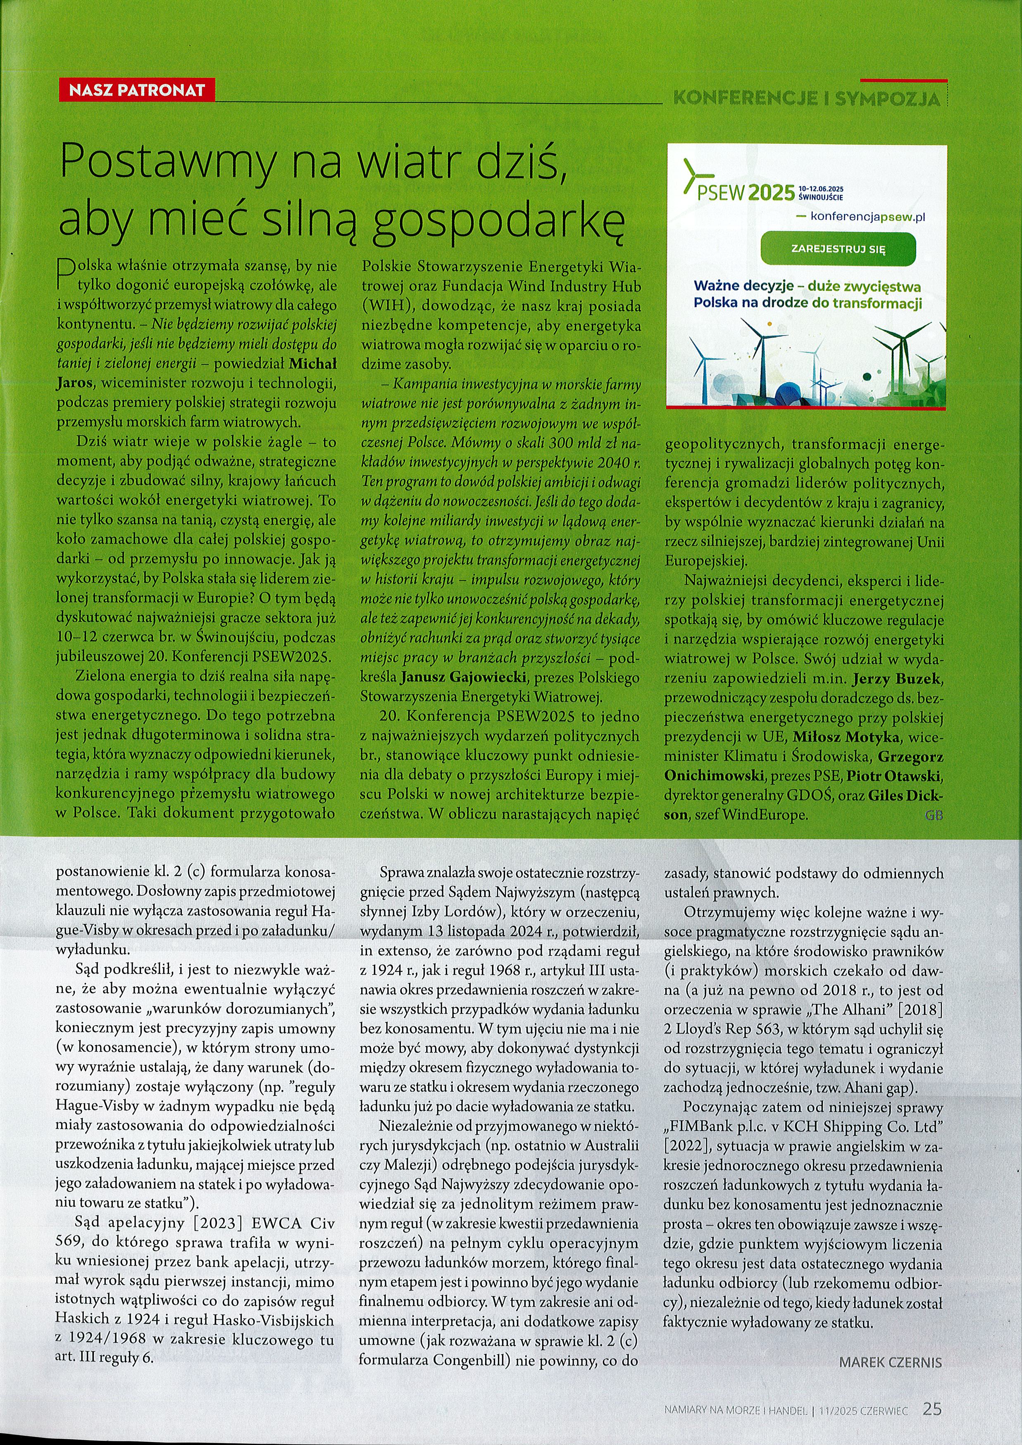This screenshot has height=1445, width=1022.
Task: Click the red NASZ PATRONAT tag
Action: tap(136, 90)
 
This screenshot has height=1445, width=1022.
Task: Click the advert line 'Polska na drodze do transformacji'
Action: tap(808, 303)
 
